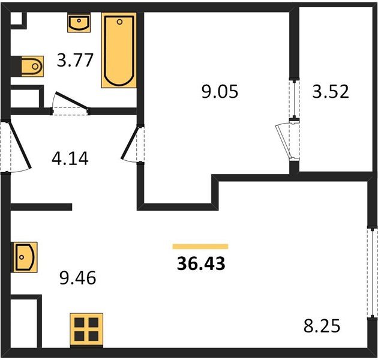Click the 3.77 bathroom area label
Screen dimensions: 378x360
(x=75, y=60)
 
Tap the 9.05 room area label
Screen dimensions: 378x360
(x=220, y=91)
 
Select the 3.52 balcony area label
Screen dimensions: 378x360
(x=331, y=91)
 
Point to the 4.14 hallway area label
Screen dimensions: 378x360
(x=70, y=158)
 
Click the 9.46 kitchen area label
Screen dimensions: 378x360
(x=77, y=278)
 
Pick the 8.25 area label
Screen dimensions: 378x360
(x=322, y=326)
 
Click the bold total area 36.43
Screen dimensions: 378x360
(x=201, y=263)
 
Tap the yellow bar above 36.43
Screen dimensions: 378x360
(x=200, y=246)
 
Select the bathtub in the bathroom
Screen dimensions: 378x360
(x=119, y=50)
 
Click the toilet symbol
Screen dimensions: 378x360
(x=32, y=67)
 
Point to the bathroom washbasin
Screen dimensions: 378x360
(x=79, y=23)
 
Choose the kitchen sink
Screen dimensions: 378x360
(x=25, y=257)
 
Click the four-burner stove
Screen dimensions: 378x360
(x=86, y=329)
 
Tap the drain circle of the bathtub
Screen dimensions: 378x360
(x=119, y=22)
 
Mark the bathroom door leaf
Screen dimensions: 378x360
(x=71, y=101)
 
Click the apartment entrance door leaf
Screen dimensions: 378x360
(x=20, y=145)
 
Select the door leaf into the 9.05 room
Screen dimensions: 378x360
(x=130, y=143)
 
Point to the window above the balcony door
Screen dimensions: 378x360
(x=294, y=98)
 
